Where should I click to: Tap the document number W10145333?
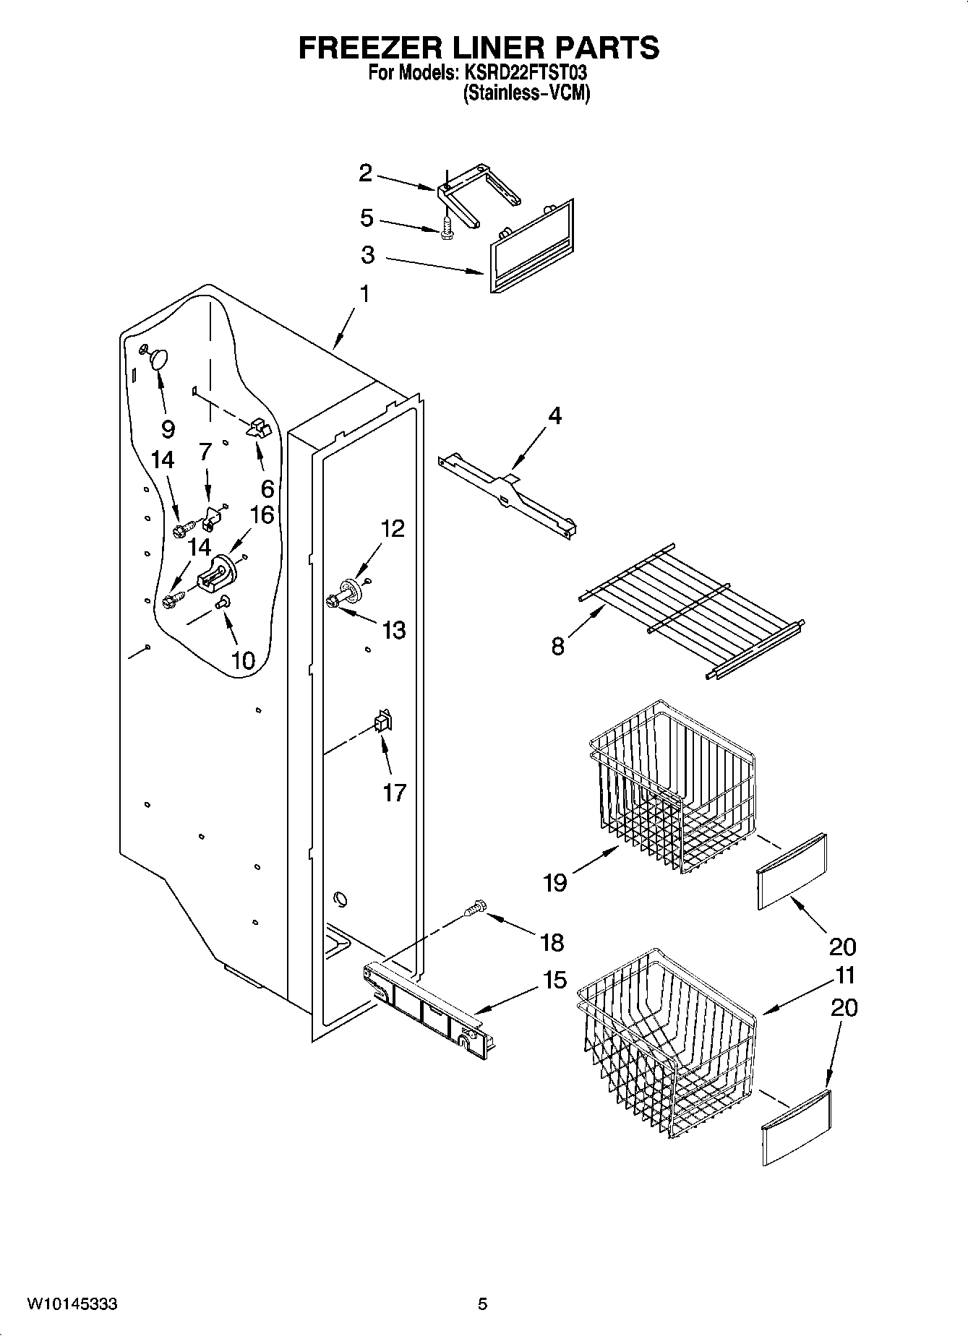[x=72, y=1304]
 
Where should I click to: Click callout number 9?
[x=168, y=430]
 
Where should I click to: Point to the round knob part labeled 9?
[x=158, y=358]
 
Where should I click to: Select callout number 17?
[x=394, y=793]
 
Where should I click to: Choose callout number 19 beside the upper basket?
[x=555, y=882]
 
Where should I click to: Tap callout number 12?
[x=393, y=529]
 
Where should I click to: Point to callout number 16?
[x=262, y=514]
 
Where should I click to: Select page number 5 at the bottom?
[x=483, y=1304]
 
